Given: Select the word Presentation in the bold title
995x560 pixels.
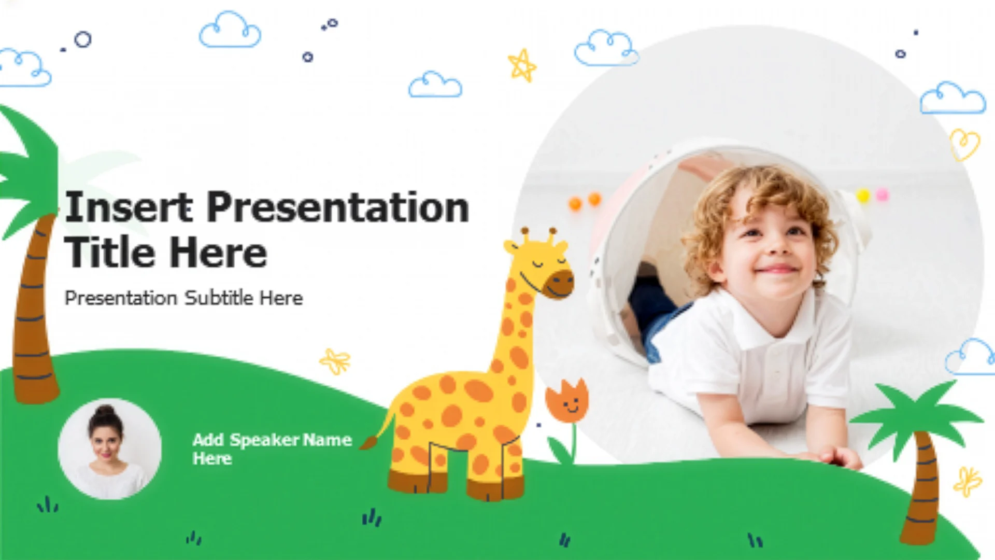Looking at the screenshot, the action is tap(338, 207).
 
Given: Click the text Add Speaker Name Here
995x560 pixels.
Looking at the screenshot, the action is tap(272, 449).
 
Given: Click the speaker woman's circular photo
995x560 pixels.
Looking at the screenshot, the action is tap(109, 449).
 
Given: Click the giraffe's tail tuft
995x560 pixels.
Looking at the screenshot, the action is tap(369, 442).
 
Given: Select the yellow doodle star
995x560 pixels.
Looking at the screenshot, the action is tap(522, 65).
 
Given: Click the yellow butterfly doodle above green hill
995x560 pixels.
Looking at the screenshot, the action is tap(335, 361).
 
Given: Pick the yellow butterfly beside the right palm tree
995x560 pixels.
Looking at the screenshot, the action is tap(967, 482).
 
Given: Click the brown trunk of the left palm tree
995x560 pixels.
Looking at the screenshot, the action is tap(34, 311).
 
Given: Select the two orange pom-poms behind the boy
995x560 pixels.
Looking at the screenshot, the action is tap(585, 201).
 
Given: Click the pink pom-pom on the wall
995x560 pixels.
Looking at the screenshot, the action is tap(882, 195).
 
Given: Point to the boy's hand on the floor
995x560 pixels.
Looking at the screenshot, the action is tap(840, 456).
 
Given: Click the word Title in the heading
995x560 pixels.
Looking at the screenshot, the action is tap(113, 253).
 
